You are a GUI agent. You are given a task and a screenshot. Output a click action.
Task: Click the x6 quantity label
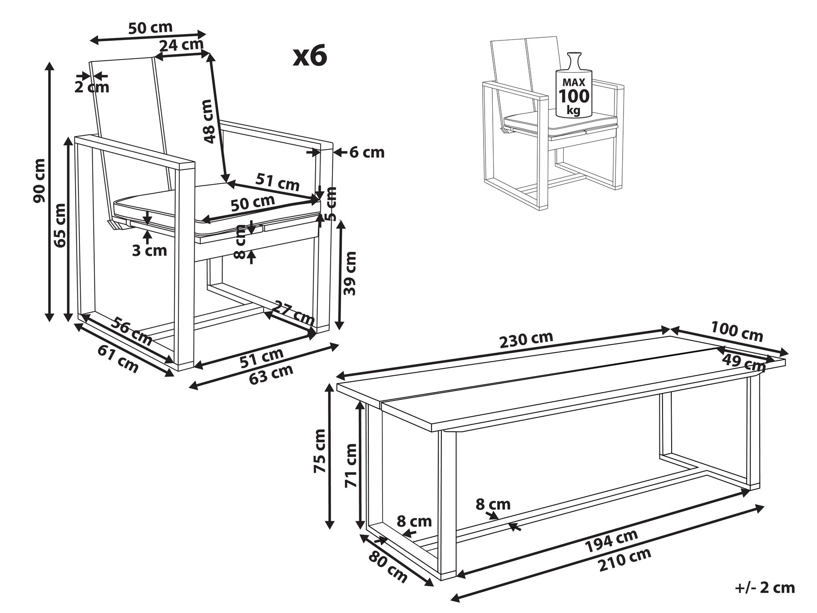310,57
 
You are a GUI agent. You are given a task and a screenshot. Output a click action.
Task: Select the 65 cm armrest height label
59,225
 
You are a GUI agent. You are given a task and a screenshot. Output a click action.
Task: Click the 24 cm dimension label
181,45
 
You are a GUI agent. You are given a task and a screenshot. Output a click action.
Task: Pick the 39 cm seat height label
350,274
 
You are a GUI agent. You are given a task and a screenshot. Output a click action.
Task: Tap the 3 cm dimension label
149,250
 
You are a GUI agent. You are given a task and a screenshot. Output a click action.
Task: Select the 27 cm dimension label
292,311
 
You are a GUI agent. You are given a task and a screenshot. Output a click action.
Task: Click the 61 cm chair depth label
118,359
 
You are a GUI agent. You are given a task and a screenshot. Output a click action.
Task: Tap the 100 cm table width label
737,331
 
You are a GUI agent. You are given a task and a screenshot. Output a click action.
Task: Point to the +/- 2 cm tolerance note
765,588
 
